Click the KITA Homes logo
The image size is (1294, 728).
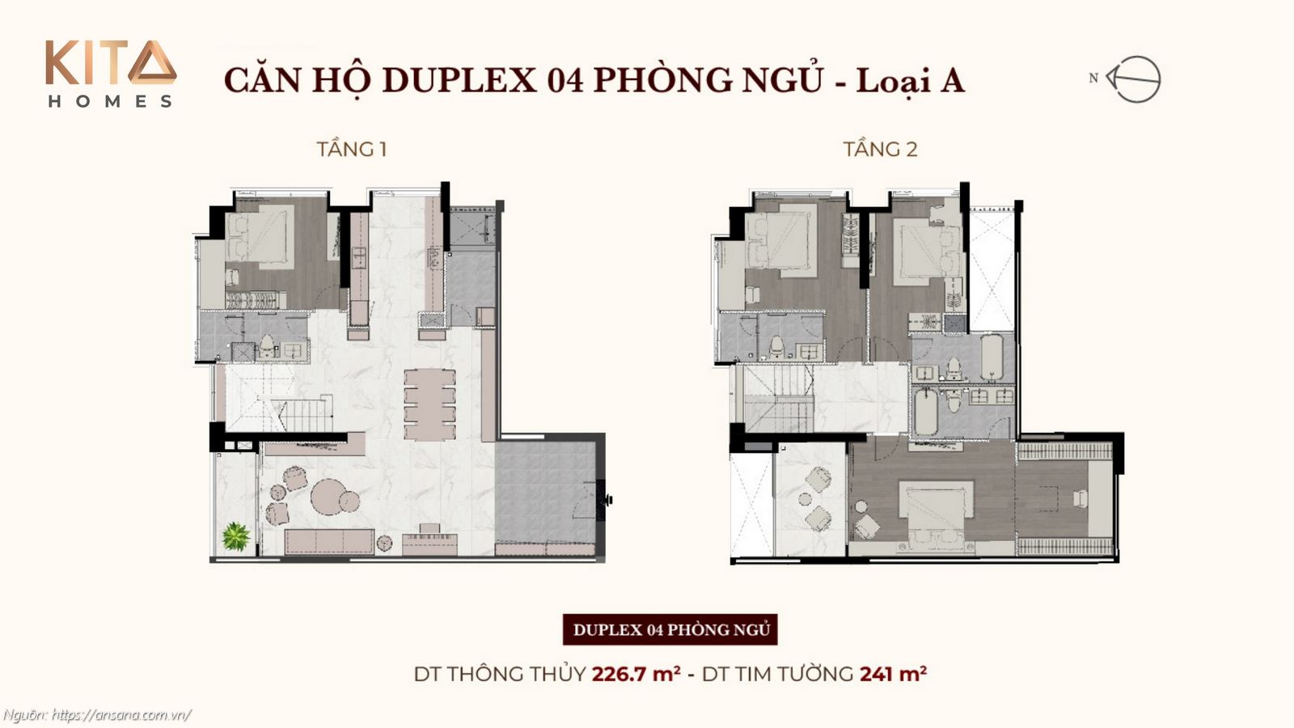[x=110, y=74]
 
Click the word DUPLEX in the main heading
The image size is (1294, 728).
[x=459, y=80]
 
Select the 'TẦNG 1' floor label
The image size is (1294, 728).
[x=351, y=149]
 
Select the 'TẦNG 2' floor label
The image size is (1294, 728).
[x=880, y=149]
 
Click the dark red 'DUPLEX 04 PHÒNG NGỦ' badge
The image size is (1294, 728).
[x=670, y=629]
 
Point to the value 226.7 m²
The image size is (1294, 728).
[x=636, y=673]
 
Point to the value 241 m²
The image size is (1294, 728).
[x=893, y=673]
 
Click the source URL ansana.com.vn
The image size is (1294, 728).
[x=121, y=715]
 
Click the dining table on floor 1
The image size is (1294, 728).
[x=429, y=404]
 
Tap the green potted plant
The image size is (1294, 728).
[x=236, y=535]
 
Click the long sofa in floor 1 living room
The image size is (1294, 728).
[x=329, y=541]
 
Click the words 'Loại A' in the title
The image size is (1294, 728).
[x=910, y=80]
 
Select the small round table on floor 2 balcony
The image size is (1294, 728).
[x=805, y=500]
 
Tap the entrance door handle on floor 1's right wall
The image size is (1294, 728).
[x=607, y=500]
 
